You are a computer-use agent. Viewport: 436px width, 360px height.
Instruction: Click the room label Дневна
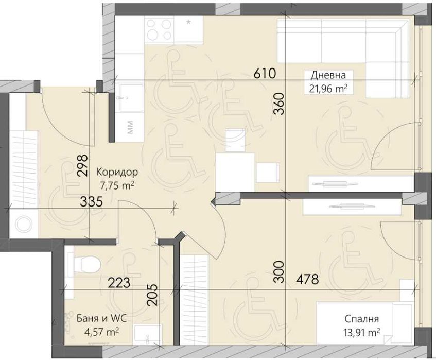328,75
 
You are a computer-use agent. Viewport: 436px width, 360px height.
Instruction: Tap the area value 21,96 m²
328,89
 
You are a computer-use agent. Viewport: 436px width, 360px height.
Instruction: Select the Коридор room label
117,173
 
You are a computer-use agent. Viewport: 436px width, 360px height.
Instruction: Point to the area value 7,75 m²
117,185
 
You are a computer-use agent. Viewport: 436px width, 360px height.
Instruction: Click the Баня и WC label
101,318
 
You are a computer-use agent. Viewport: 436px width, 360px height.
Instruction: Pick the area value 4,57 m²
102,332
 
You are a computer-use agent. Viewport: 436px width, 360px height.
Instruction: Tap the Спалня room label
361,319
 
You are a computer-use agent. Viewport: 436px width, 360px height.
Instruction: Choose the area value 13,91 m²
361,332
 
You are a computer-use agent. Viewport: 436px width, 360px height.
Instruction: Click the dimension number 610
265,74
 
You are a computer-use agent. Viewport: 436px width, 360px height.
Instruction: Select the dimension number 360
279,104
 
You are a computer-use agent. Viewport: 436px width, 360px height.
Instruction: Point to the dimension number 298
83,165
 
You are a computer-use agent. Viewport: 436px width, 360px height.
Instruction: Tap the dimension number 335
92,201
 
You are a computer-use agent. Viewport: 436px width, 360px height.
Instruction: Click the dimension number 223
119,283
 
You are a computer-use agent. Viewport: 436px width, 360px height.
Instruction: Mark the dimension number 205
152,295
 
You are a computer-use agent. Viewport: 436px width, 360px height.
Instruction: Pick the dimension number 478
307,279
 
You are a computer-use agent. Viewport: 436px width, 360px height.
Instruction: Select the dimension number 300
279,272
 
